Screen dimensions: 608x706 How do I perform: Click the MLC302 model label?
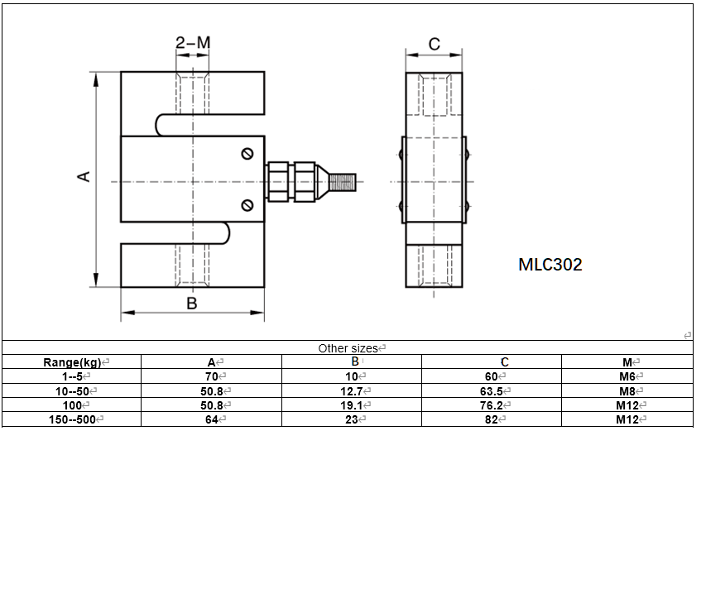tap(550, 265)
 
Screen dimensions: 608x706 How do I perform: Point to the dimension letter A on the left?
tap(84, 176)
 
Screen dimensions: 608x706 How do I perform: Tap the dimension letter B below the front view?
tap(191, 304)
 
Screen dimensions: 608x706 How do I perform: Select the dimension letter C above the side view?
tap(434, 44)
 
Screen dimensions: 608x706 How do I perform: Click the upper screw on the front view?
tap(247, 154)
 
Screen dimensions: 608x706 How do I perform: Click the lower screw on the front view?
tap(247, 205)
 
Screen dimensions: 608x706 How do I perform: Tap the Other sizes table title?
tap(348, 348)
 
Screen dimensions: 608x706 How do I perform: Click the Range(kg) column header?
tap(72, 362)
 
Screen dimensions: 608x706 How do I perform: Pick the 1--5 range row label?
tap(72, 376)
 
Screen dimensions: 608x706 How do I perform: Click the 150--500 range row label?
tap(72, 419)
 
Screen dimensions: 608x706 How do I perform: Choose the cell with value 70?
tap(211, 376)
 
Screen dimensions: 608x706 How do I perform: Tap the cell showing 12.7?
tap(351, 390)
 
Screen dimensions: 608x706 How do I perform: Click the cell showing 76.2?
tap(491, 405)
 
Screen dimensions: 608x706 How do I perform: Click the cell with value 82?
tap(491, 419)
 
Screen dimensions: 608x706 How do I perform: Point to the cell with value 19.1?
tap(351, 405)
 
